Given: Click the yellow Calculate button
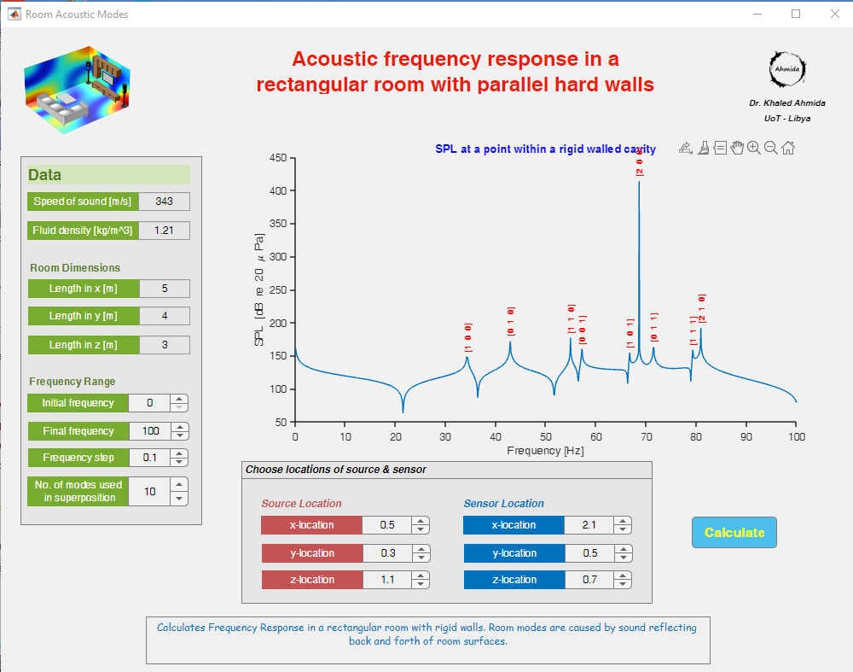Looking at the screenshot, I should (734, 532).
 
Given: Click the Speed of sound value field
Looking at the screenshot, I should (165, 202).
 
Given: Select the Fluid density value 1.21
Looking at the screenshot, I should (165, 231).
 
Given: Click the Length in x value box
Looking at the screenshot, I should (165, 289).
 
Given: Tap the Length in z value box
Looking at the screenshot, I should (165, 345).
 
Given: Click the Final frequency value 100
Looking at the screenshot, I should (150, 431).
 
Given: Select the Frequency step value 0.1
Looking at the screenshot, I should (150, 458).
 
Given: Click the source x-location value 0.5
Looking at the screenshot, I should (386, 525).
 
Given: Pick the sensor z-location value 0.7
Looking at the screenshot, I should (589, 580).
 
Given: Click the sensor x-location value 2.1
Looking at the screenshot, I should (589, 525).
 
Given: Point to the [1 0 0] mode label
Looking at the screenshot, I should (468, 337).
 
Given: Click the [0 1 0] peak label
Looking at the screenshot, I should (511, 320).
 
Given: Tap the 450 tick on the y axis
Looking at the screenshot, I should (277, 158).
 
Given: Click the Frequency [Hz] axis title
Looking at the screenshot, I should (545, 450).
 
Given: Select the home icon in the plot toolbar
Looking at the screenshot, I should (788, 148).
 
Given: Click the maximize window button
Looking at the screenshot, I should (796, 14).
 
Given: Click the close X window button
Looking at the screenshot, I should (835, 14).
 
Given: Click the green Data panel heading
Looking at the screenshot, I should (108, 175).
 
